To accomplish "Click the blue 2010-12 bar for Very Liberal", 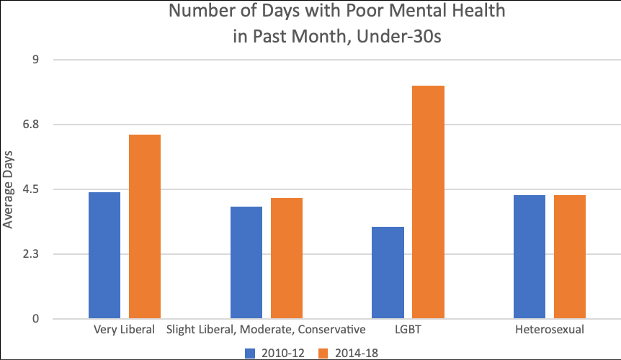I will coord(104,255).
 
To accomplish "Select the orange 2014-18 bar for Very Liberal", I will coord(145,226).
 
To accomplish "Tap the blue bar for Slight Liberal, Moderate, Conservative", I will coord(246,262).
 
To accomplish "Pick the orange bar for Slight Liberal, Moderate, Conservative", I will coord(287,258).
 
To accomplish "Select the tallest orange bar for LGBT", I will coord(429,202).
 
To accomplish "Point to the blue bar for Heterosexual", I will coord(530,256).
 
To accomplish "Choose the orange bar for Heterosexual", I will coord(570,256).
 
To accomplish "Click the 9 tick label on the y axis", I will coord(35,60).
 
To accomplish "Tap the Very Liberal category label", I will coord(125,330).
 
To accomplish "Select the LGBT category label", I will coord(408,330).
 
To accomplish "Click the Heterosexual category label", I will coord(550,330).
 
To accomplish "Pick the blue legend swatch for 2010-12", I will coord(250,352).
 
